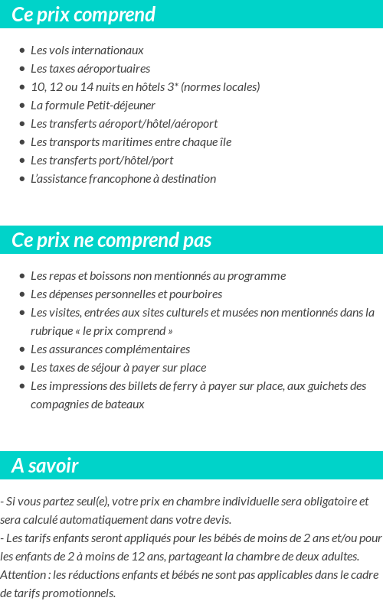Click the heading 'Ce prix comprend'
[83, 15]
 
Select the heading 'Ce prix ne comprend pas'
[111, 240]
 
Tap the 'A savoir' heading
[45, 466]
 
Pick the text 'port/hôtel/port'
[136, 160]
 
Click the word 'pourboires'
[195, 294]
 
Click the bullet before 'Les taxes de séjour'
[22, 368]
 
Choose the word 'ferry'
[181, 385]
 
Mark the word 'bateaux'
[126, 404]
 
